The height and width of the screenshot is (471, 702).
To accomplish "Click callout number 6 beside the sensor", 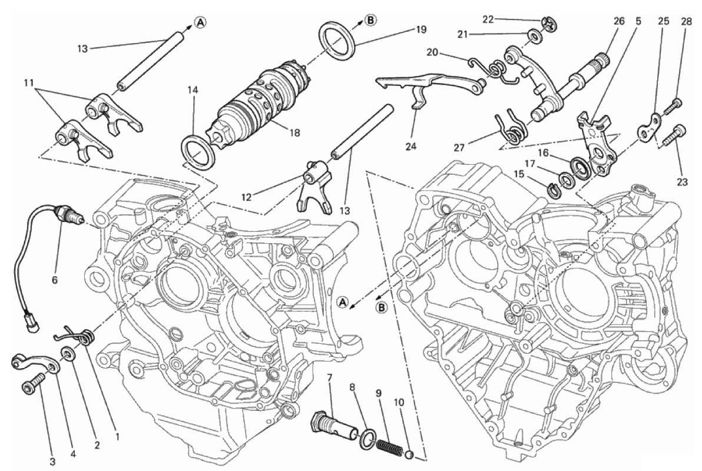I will click(55, 281).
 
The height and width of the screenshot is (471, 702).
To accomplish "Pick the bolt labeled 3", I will click(31, 386).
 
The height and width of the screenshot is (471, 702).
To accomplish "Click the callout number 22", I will click(488, 19).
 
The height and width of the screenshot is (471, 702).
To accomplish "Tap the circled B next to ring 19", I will click(370, 21).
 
